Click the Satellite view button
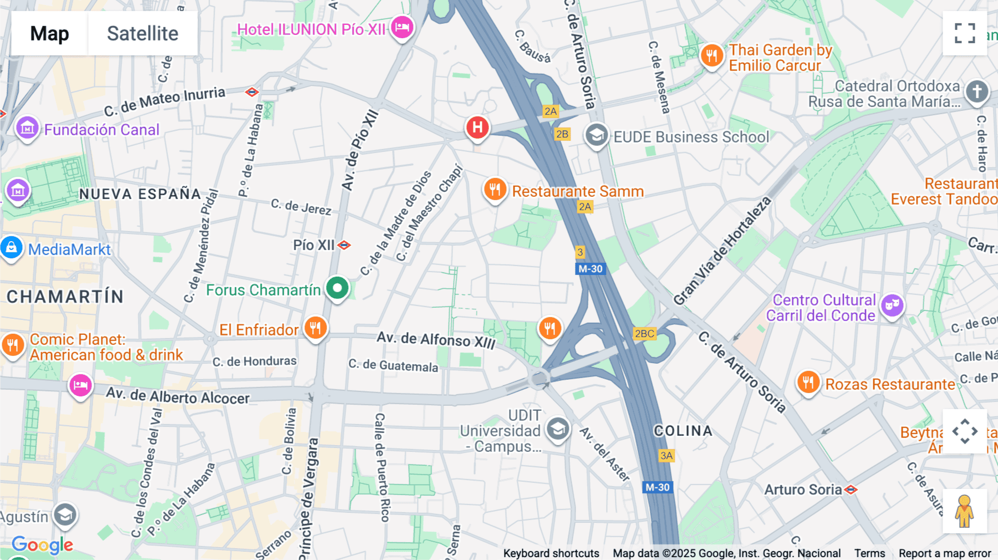click(x=142, y=33)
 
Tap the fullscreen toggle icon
click(x=965, y=33)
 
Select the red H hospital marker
click(x=477, y=128)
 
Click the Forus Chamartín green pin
click(x=337, y=288)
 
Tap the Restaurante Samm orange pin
click(x=495, y=190)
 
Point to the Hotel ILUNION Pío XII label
click(x=311, y=29)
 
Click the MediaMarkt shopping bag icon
click(x=12, y=248)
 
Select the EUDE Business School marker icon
click(x=597, y=135)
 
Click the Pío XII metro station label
click(x=314, y=245)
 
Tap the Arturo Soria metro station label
click(x=803, y=490)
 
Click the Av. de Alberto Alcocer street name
click(x=178, y=396)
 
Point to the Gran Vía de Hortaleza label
click(x=722, y=251)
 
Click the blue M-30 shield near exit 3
click(x=590, y=269)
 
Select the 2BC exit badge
click(x=644, y=333)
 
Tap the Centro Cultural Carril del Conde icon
click(x=892, y=305)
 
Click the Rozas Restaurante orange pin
click(x=808, y=383)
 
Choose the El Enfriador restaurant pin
click(x=315, y=328)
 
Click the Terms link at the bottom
click(x=869, y=553)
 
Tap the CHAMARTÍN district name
click(x=65, y=297)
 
